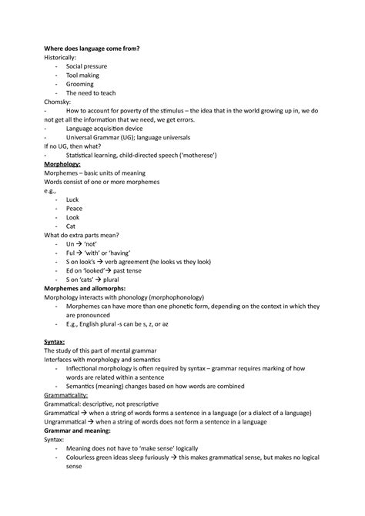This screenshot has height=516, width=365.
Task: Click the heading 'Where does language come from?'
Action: click(92, 48)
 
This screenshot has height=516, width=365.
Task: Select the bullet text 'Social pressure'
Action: click(86, 66)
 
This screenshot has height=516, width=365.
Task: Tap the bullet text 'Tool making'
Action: click(82, 75)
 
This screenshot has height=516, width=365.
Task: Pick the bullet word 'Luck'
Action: click(72, 199)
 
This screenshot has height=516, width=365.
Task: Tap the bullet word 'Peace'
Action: click(74, 208)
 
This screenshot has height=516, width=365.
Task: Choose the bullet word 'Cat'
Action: click(71, 226)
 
